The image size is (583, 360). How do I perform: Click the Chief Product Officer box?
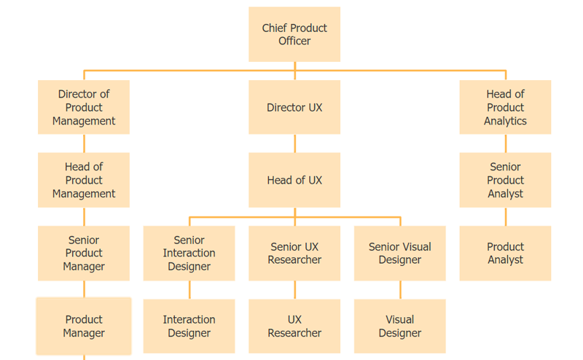tap(294, 34)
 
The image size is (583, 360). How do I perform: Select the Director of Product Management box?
tap(84, 107)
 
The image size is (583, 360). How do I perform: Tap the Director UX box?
tap(294, 107)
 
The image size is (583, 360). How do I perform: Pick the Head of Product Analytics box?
tap(505, 107)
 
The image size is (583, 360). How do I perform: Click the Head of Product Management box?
tap(84, 180)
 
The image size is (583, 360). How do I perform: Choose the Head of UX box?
tap(294, 180)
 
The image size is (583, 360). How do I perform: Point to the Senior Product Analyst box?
tap(505, 180)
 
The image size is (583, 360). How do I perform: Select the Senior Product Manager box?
tap(84, 253)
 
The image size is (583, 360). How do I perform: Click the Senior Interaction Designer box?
tap(189, 253)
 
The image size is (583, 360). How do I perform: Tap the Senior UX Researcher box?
tap(294, 253)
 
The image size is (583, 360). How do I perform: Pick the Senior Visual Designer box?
tap(400, 253)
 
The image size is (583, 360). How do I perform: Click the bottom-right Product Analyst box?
tap(505, 253)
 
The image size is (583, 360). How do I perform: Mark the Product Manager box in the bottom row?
tap(84, 326)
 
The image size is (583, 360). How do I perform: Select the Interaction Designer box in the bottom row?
tap(189, 326)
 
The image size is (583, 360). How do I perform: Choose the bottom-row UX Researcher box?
tap(294, 326)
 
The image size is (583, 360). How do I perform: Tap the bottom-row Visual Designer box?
tap(400, 326)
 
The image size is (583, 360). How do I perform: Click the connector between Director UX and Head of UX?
tap(294, 144)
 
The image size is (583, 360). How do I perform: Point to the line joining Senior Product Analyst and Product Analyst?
tap(505, 216)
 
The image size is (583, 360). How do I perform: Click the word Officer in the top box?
tap(294, 42)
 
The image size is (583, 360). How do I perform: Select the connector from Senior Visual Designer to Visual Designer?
tap(400, 290)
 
